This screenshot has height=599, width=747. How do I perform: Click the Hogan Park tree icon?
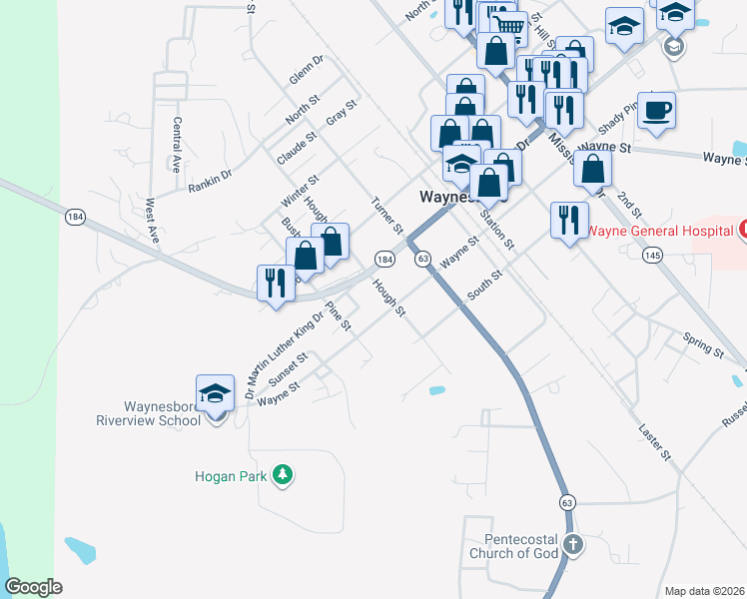[284, 474]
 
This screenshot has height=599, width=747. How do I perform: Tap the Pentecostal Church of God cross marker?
[572, 545]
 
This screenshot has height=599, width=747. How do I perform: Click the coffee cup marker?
[656, 112]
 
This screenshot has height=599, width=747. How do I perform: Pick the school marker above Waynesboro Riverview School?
[215, 394]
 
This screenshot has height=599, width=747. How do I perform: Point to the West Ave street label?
[152, 221]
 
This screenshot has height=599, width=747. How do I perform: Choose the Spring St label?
[703, 344]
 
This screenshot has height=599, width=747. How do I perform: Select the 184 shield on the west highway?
[74, 216]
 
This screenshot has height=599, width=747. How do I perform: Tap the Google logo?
[34, 587]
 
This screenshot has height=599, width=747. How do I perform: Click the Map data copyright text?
[705, 591]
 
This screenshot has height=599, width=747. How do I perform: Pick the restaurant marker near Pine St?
[273, 284]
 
